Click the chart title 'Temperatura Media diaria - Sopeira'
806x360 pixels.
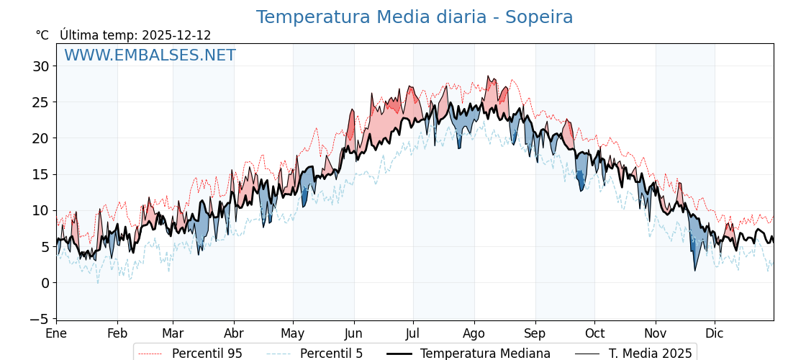415,17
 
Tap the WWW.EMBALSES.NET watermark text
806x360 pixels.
150,55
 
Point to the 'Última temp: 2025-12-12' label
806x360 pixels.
135,35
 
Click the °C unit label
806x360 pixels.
42,35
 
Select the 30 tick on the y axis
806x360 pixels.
40,66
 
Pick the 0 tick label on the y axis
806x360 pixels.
45,283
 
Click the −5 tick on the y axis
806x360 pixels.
40,319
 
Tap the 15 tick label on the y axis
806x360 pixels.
40,174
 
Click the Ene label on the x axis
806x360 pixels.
56,334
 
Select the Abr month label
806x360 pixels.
233,334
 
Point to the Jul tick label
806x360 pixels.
413,334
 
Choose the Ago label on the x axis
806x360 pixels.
474,334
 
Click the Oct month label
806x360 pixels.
594,334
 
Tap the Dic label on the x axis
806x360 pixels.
715,334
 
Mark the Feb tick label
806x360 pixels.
117,334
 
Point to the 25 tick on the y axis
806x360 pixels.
40,102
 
